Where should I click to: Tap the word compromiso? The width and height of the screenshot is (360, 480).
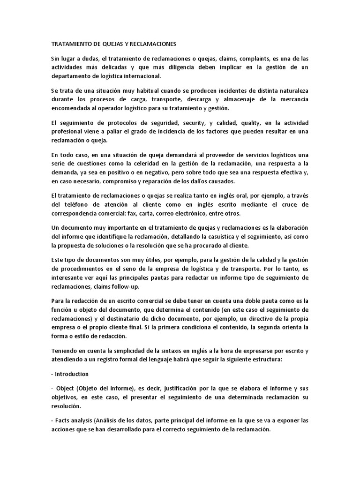coord(108,181)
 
